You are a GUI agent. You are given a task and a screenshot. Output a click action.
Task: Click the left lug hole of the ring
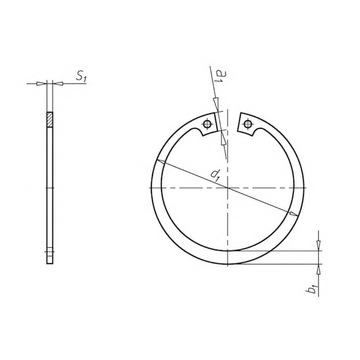(207, 124)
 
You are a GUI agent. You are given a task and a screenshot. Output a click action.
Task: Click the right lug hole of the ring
(247, 124)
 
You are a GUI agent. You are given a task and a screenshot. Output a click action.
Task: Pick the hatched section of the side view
(50, 120)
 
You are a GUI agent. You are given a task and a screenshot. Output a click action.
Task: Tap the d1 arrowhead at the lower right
(293, 214)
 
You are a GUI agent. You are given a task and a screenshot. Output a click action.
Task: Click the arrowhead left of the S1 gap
(42, 84)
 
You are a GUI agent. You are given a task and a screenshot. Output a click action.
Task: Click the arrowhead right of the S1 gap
(58, 84)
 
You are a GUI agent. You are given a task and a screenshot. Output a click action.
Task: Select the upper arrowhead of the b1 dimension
(318, 246)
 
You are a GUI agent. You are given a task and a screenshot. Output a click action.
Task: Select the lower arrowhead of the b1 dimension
(318, 269)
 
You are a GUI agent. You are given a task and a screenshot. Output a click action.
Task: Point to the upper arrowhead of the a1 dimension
(216, 104)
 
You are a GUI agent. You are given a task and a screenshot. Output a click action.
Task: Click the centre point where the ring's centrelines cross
(228, 188)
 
